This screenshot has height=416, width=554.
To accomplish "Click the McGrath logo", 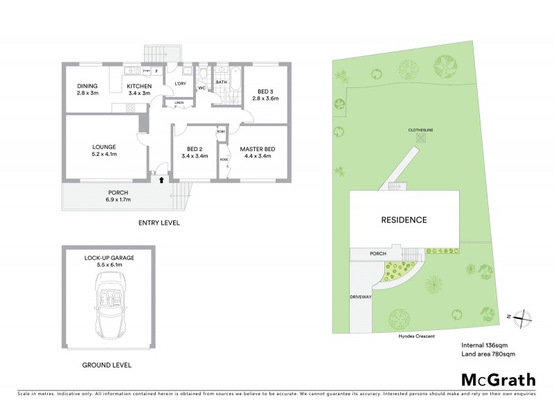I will pyautogui.click(x=497, y=379).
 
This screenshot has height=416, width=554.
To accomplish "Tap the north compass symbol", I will pyautogui.click(x=524, y=316).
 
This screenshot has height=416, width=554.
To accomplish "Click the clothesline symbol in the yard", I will pyautogui.click(x=420, y=137).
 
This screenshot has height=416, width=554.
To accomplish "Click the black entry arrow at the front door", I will pyautogui.click(x=161, y=180).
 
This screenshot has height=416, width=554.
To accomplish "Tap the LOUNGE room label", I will pyautogui.click(x=104, y=146).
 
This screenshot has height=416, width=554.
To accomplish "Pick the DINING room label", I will pyautogui.click(x=88, y=87).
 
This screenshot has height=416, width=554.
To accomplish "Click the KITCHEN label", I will pyautogui.click(x=138, y=87).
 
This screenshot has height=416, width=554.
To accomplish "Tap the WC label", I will pyautogui.click(x=202, y=88).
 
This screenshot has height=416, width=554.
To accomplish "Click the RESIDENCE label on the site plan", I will pyautogui.click(x=404, y=220).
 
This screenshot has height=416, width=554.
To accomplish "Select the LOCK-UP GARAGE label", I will pyautogui.click(x=109, y=257).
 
